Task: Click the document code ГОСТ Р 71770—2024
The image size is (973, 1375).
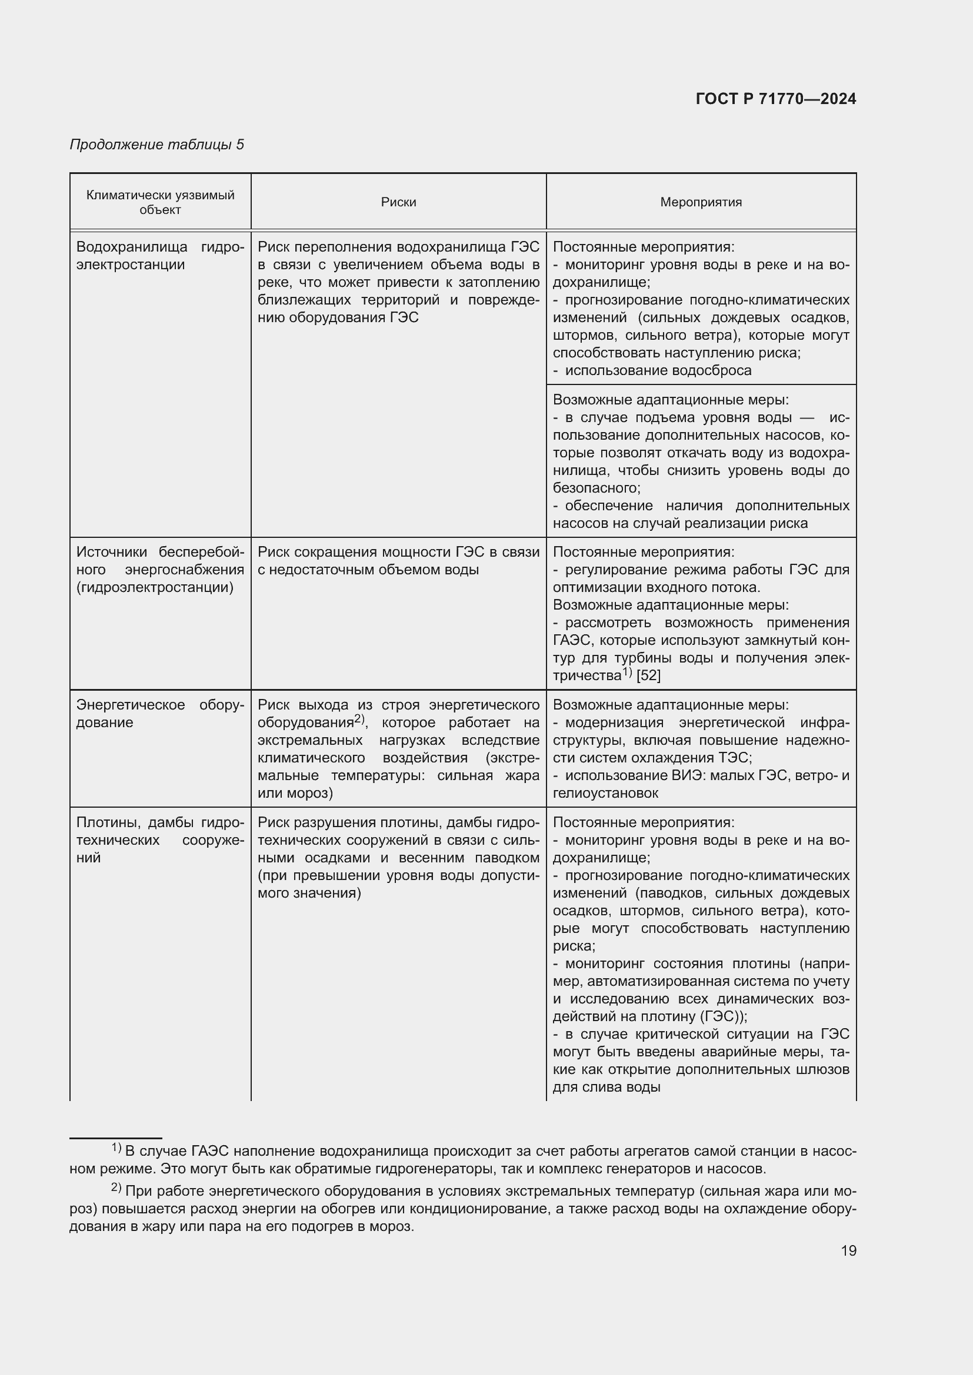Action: pos(776,99)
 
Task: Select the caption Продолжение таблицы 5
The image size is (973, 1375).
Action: pos(157,145)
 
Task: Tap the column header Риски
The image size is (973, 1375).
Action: pos(398,202)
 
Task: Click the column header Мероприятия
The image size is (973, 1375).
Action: pos(701,202)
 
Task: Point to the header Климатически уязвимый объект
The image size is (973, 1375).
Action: pos(160,202)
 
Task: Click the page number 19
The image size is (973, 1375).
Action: pos(848,1250)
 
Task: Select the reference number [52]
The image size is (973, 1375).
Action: pos(648,675)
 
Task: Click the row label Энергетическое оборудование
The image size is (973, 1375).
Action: pos(160,713)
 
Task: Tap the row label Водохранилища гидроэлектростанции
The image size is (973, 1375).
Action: pos(160,256)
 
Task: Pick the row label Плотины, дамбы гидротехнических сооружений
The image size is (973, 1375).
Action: pos(160,839)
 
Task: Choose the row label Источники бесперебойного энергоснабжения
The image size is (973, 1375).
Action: pos(160,570)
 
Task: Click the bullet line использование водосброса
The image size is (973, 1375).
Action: pos(658,370)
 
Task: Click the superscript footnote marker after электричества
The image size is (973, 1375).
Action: pos(627,672)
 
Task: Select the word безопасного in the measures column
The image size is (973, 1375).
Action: pos(596,488)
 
